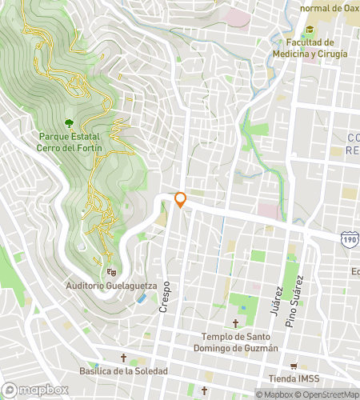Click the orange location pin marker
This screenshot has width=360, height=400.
(181, 200)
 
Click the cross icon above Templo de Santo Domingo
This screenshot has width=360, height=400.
(236, 324)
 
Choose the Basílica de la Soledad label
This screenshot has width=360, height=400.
(123, 372)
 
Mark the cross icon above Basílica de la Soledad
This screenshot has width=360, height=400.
(123, 358)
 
